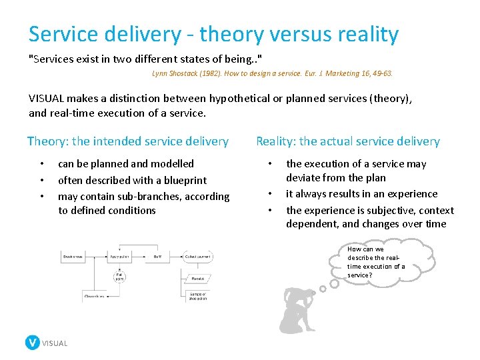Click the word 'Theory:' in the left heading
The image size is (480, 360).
tap(47, 141)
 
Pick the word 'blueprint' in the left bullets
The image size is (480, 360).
tap(185, 180)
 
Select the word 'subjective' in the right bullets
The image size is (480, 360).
tap(374, 210)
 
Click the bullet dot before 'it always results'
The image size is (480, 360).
tap(269, 194)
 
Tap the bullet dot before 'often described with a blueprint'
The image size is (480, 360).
tap(41, 180)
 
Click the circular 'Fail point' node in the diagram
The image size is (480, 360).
tap(120, 275)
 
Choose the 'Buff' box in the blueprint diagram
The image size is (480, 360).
tap(157, 256)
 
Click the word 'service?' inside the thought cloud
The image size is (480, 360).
tap(360, 275)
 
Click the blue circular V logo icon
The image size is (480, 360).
tap(32, 343)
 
